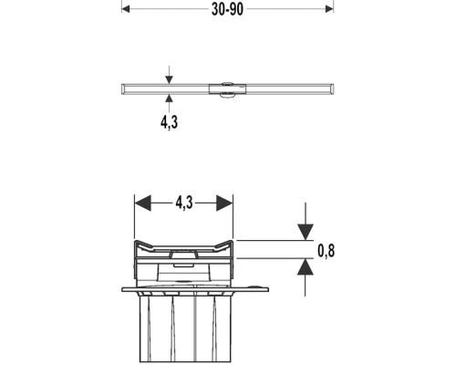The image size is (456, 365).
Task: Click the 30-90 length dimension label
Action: tap(227, 9)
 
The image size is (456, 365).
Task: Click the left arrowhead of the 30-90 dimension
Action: tap(125, 9)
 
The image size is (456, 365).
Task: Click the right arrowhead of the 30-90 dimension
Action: tap(329, 9)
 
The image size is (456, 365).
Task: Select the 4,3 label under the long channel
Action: tap(169, 122)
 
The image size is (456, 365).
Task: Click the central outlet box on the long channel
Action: tap(227, 89)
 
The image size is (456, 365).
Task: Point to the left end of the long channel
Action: tap(122, 89)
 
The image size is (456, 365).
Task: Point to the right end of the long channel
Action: tap(334, 89)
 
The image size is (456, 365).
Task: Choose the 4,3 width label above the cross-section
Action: tap(184, 203)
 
